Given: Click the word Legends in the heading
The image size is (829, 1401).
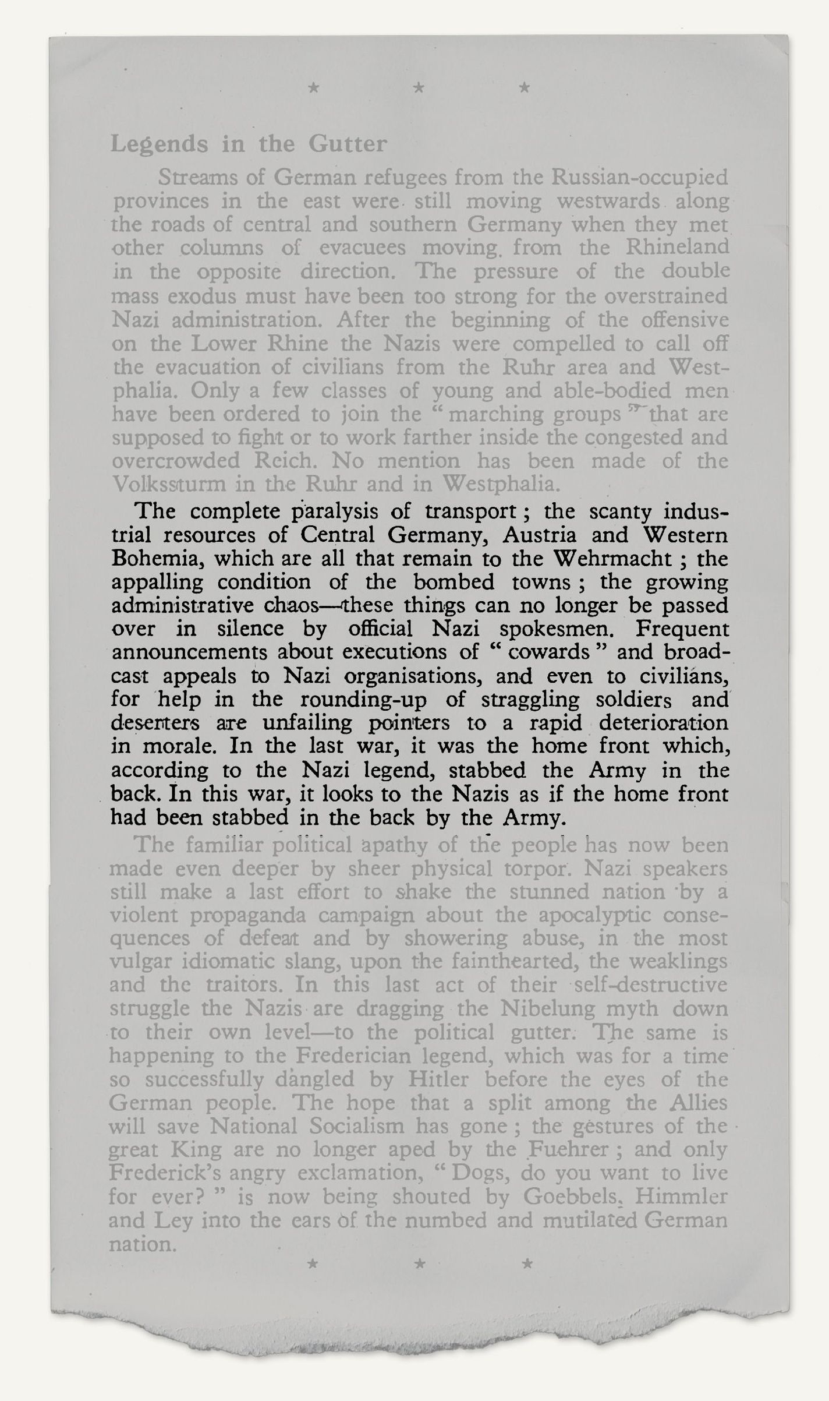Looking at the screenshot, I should [158, 144].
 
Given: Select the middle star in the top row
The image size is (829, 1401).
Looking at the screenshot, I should [419, 89].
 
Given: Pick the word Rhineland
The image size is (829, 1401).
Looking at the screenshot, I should [676, 248].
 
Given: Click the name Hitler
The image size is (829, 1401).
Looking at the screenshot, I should [438, 1079].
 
